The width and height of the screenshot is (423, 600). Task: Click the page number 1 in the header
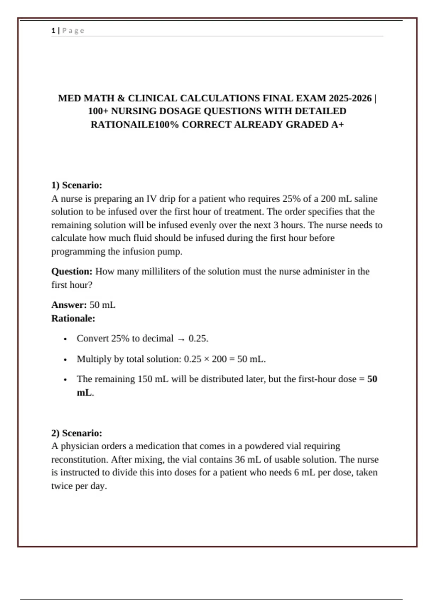click(x=53, y=31)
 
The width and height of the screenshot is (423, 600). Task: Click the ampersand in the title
click(x=121, y=98)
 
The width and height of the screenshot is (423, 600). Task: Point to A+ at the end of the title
click(x=337, y=125)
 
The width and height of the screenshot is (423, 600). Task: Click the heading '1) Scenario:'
click(x=76, y=185)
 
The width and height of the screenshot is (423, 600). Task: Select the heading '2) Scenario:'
click(x=76, y=433)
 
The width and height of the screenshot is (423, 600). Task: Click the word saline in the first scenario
click(x=366, y=199)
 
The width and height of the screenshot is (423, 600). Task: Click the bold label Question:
click(x=72, y=271)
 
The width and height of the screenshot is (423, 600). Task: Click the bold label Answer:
click(x=69, y=305)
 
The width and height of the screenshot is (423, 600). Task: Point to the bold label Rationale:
click(x=73, y=318)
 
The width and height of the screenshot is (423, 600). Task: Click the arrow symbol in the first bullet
click(x=181, y=339)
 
